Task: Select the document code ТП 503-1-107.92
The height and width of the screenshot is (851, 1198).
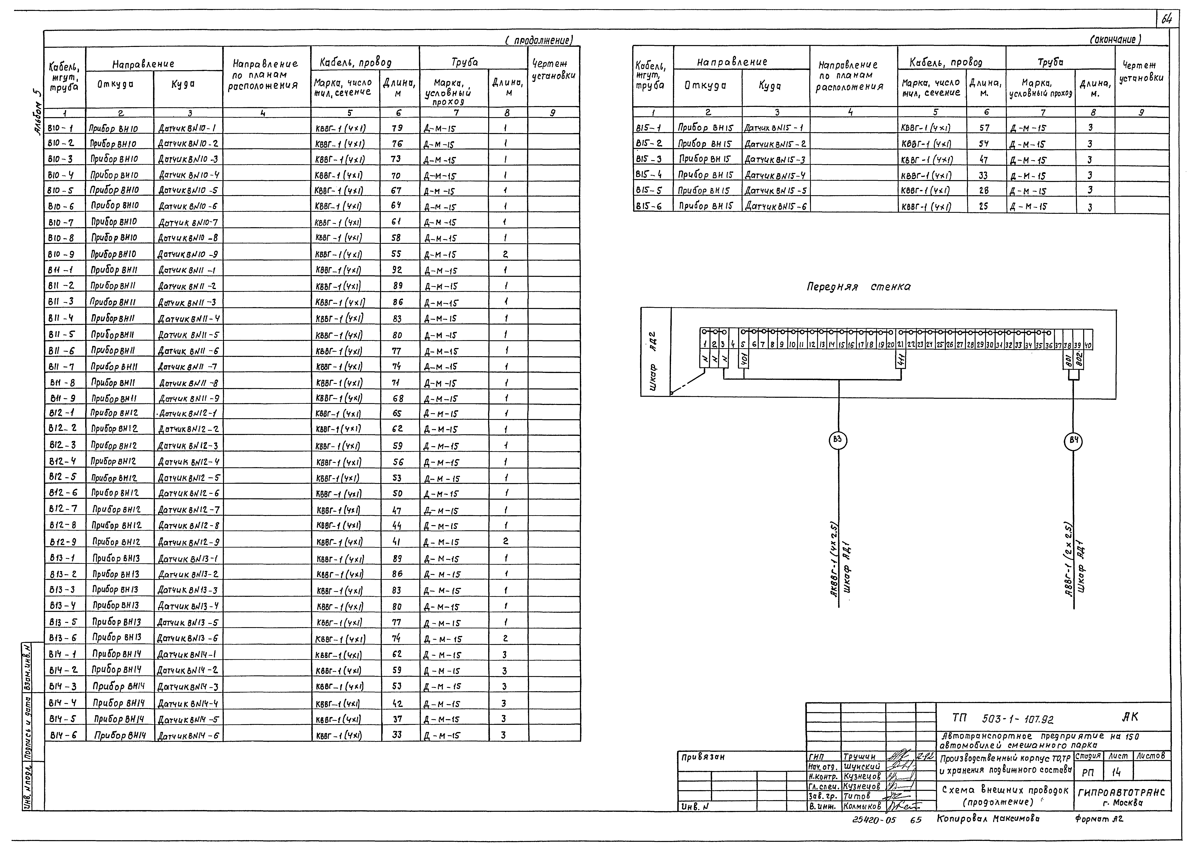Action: (x=1002, y=719)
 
